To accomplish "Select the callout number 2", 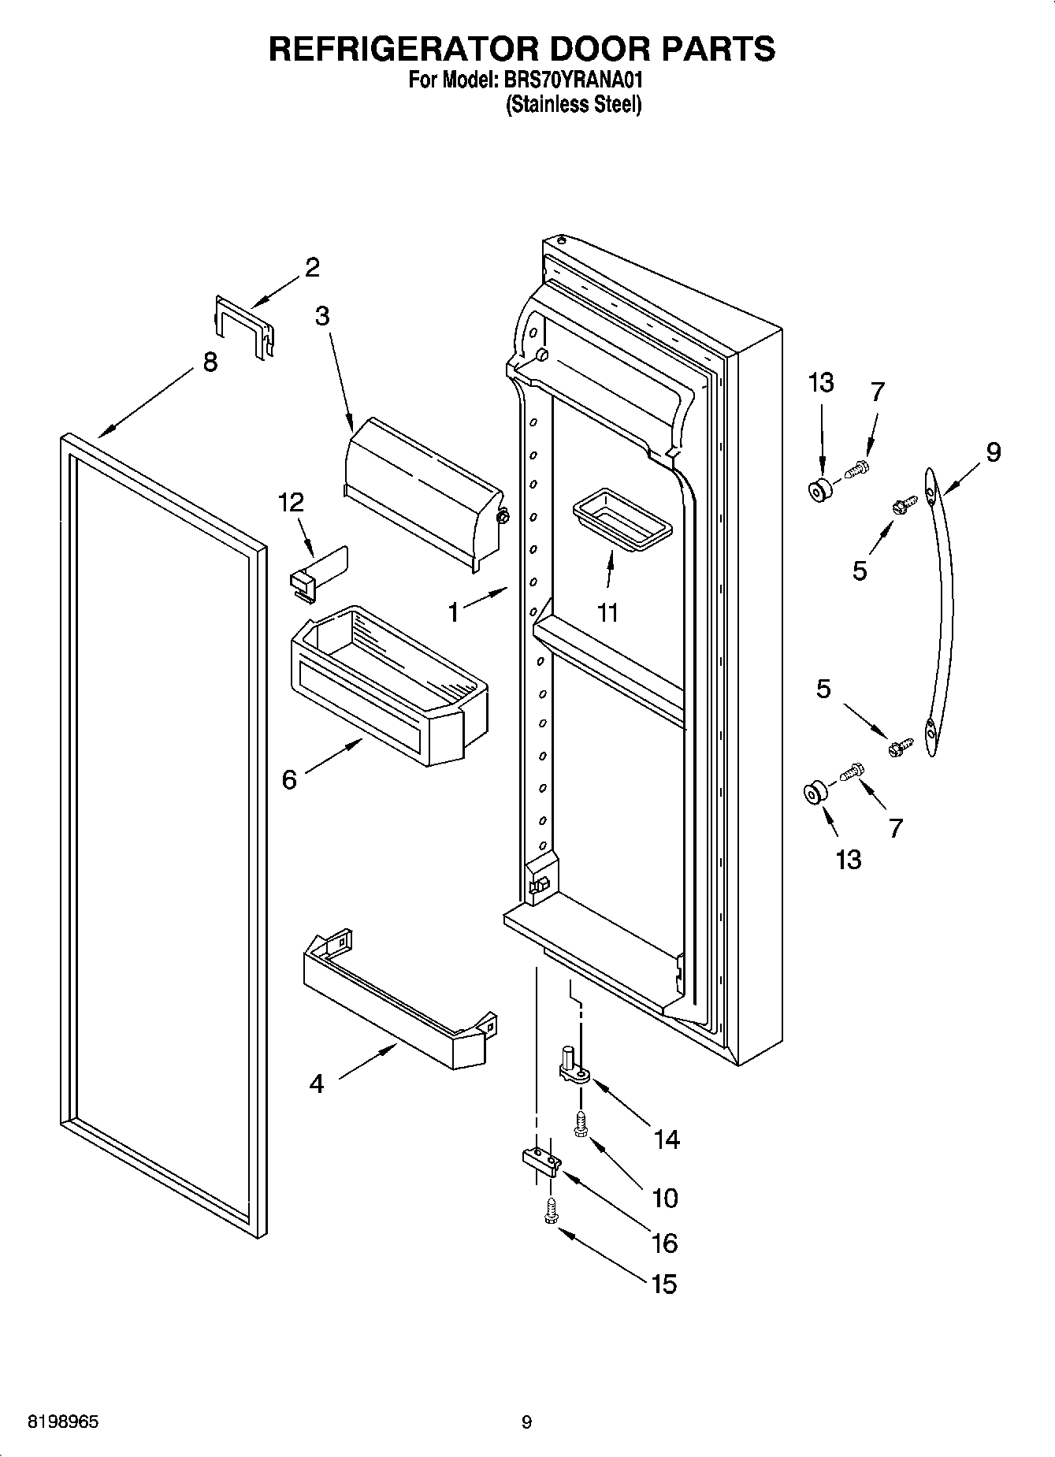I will pyautogui.click(x=312, y=268).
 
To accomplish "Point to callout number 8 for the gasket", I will pyautogui.click(x=210, y=362).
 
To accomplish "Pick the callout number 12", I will pyautogui.click(x=291, y=502).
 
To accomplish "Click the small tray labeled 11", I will pyautogui.click(x=622, y=521).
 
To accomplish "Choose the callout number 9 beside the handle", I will pyautogui.click(x=993, y=452).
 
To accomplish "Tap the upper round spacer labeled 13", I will pyautogui.click(x=820, y=490).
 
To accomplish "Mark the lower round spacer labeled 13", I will pyautogui.click(x=812, y=794).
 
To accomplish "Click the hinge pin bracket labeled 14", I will pyautogui.click(x=573, y=1068).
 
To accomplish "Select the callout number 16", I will pyautogui.click(x=664, y=1243).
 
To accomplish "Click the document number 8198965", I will pyautogui.click(x=63, y=1422).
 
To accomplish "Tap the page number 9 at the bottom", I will pyautogui.click(x=526, y=1422).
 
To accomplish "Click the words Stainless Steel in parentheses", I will pyautogui.click(x=573, y=104).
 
